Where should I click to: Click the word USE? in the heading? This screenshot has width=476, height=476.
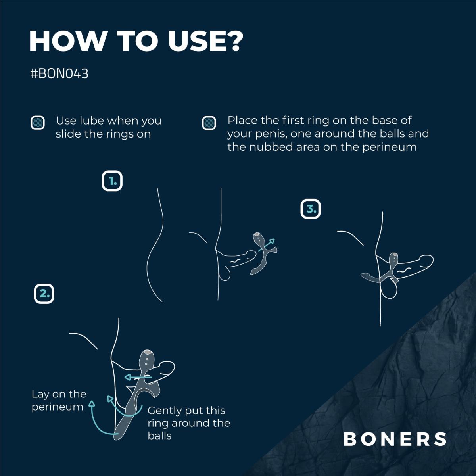click(x=204, y=40)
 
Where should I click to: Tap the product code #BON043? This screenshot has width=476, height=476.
click(x=59, y=74)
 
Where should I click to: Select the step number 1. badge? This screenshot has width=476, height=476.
click(x=112, y=181)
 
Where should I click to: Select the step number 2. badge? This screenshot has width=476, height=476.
click(x=44, y=294)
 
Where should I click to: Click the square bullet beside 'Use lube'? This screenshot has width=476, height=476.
click(x=38, y=122)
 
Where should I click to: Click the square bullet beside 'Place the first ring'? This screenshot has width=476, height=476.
click(x=209, y=122)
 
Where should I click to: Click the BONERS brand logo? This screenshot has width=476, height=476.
click(x=395, y=439)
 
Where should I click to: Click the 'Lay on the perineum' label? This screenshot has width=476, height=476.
click(x=59, y=400)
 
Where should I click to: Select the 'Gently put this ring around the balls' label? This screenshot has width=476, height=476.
click(x=188, y=423)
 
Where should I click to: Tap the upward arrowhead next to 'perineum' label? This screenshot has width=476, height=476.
click(x=92, y=404)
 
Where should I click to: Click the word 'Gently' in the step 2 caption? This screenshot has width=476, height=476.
click(x=166, y=411)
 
